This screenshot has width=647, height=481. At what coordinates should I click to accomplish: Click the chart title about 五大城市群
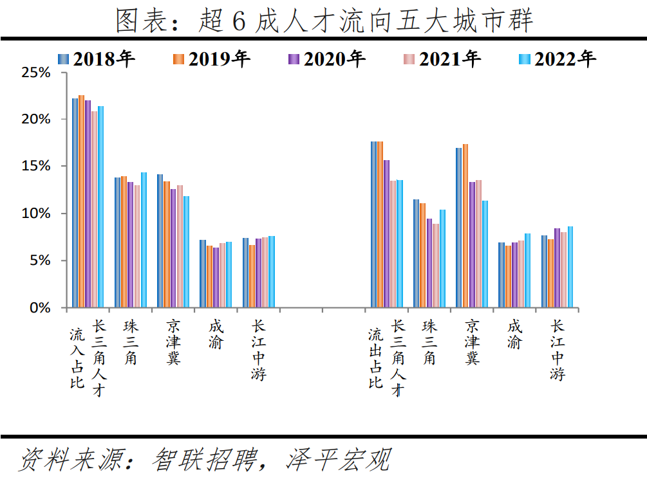coord(324,21)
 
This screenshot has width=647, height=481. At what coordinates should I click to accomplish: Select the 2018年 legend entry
coord(97,59)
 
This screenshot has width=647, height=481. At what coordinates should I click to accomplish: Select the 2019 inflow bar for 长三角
coord(82,201)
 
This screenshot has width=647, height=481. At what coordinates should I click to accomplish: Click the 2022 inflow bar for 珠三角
coord(144,240)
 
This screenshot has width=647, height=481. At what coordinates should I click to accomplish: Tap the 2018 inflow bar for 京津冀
coord(160,240)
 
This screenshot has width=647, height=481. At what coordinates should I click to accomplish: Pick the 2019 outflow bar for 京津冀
coord(465,226)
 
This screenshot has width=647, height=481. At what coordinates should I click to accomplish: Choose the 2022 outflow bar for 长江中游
coord(570,267)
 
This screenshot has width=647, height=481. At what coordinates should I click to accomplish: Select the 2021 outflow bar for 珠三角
coord(435,266)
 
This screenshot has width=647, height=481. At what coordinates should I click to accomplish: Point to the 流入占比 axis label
coord(77,359)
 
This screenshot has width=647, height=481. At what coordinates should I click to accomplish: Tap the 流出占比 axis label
coord(375,359)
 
